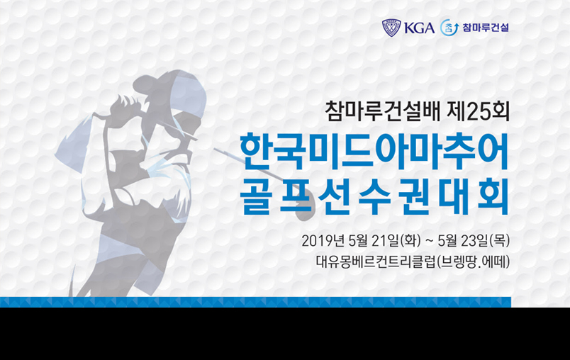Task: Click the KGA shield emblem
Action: click(x=391, y=28)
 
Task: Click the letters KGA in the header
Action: click(x=419, y=28)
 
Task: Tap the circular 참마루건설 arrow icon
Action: click(x=449, y=28)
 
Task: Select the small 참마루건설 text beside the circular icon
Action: click(x=486, y=28)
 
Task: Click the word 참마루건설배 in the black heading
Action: click(x=383, y=111)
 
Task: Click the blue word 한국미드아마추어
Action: click(x=374, y=152)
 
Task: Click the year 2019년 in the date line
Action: click(x=322, y=240)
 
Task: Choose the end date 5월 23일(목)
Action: click(x=474, y=240)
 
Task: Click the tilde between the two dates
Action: click(x=429, y=240)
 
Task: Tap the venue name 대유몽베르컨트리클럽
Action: click(x=375, y=261)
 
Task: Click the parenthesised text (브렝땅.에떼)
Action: click(x=473, y=261)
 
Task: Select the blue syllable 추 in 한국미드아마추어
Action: click(x=453, y=152)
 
